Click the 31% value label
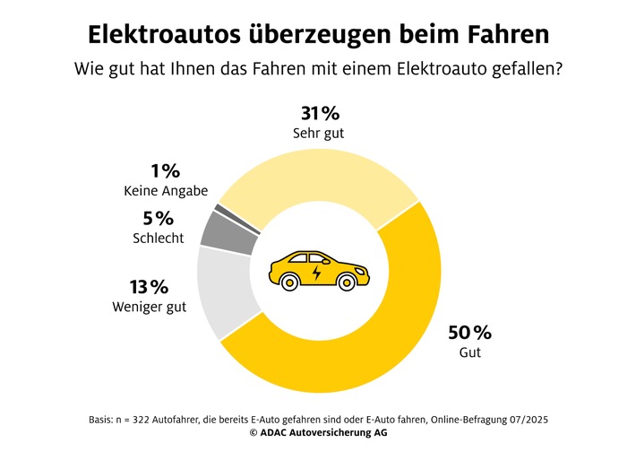[x=318, y=113]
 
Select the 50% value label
[x=469, y=334]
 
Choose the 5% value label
[x=157, y=219]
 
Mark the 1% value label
[x=166, y=170]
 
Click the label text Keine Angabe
[x=166, y=190]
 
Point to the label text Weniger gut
[x=150, y=308]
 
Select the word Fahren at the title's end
[x=506, y=35]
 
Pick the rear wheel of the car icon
[x=289, y=282]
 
